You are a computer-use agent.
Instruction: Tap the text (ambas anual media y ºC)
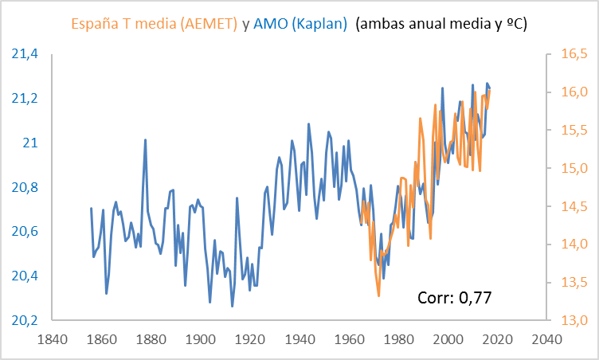[442, 24]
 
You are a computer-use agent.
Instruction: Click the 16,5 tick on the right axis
[571, 54]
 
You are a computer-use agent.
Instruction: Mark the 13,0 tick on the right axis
[571, 320]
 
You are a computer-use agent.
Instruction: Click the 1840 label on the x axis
[52, 338]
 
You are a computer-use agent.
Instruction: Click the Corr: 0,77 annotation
[455, 299]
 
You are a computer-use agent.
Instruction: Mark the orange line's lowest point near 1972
[378, 295]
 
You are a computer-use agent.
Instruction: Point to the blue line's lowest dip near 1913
[233, 306]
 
